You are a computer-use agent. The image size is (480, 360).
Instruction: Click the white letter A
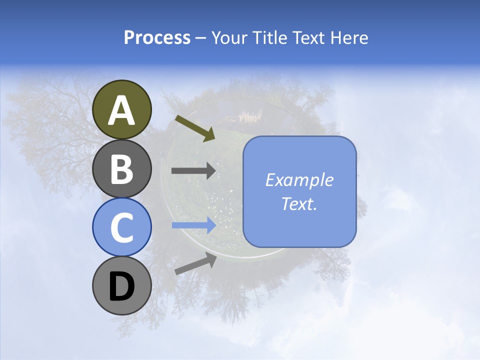[x=122, y=110]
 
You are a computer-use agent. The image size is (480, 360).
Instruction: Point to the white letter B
[x=121, y=169]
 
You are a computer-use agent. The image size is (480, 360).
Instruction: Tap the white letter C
[x=121, y=227]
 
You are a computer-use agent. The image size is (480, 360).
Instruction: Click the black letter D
[x=121, y=286]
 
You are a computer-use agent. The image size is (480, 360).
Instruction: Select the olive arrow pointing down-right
[x=195, y=128]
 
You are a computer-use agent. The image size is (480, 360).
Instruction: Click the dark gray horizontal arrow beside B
[x=193, y=171]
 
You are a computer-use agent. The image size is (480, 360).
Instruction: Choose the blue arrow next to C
[x=193, y=225]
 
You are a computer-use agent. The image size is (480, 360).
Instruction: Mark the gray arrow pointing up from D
[x=195, y=263]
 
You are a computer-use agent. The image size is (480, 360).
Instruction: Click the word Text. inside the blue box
[x=299, y=204]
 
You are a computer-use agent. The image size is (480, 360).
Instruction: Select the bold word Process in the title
[x=157, y=37]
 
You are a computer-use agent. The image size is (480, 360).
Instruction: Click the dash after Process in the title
[x=200, y=38]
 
